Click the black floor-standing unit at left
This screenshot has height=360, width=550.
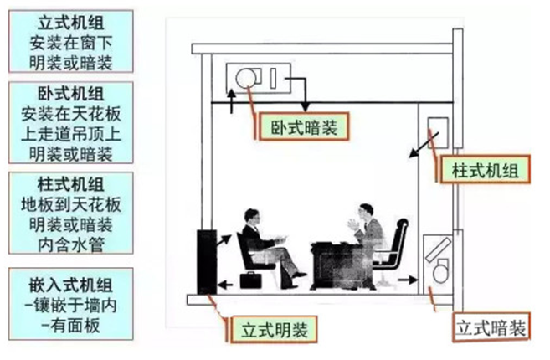(x=205, y=260)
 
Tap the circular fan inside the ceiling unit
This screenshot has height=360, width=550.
(x=247, y=80)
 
